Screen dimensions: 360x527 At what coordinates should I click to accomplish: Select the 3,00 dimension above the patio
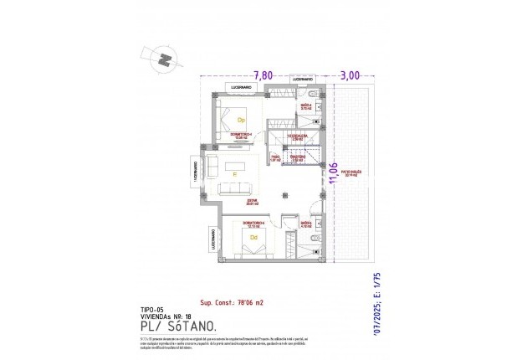click(349, 75)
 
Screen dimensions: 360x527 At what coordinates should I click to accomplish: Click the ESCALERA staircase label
click(294, 137)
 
